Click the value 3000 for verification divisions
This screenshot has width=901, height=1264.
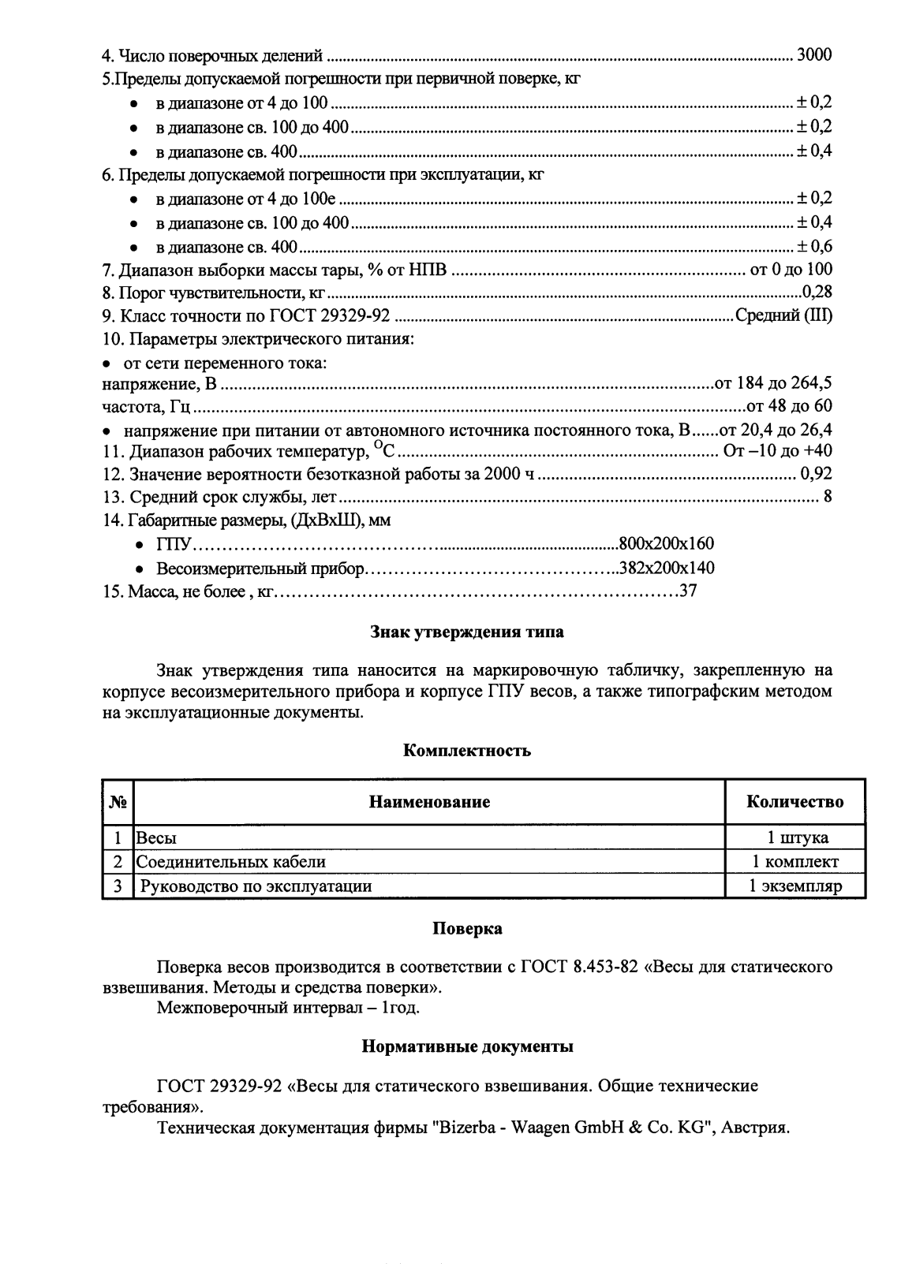814,55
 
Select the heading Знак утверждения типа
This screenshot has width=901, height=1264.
467,632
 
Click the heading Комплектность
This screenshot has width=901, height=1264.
467,751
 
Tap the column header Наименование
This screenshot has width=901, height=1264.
429,802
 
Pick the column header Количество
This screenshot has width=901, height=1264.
794,802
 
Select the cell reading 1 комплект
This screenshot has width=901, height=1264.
794,862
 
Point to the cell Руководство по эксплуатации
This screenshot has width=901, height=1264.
256,886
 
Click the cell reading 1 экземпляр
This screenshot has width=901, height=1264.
794,886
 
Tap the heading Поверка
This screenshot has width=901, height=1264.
467,929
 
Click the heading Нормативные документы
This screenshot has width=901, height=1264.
467,1047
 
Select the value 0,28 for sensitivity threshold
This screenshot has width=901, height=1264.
817,293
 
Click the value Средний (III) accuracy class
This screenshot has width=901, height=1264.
783,316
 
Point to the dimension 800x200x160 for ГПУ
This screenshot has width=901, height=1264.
667,544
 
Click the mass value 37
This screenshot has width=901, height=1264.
688,591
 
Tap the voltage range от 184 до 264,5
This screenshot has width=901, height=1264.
772,384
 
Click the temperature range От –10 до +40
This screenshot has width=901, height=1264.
777,451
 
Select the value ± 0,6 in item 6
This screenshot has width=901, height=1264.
814,246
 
